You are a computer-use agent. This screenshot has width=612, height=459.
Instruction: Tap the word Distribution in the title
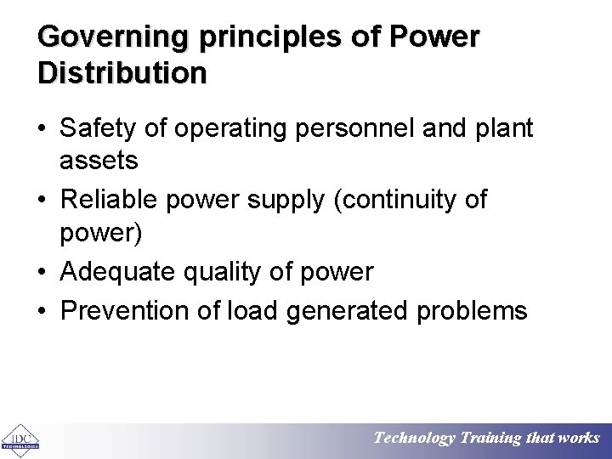[122, 73]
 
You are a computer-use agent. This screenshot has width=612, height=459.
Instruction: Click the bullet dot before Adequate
[43, 273]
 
